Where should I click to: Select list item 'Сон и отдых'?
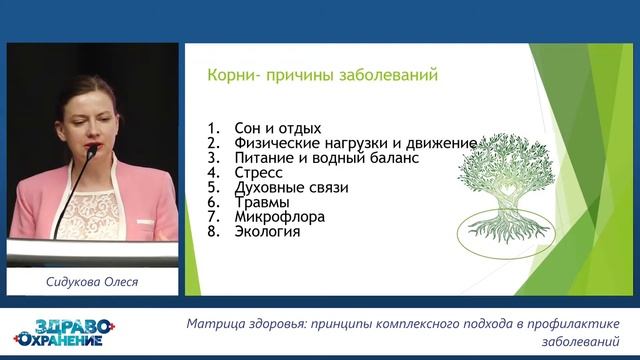pos(277,128)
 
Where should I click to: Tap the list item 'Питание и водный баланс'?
pos(325,158)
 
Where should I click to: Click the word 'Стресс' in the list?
pos(257,172)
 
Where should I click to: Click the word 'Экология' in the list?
pos(266,232)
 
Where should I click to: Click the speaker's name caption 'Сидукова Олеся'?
pos(92,281)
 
